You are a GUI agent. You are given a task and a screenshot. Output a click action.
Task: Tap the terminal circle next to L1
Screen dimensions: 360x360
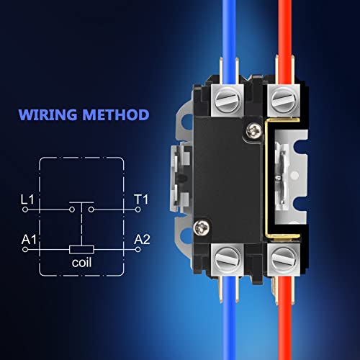click(26, 210)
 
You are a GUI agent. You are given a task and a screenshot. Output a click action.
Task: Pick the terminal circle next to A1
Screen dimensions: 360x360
click(26, 249)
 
